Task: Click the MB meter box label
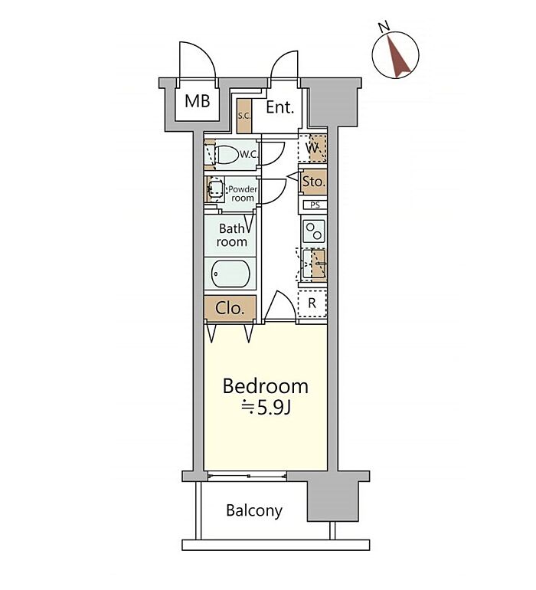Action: (197, 101)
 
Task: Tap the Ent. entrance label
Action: (279, 107)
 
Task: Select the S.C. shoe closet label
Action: (244, 116)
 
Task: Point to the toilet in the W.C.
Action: (227, 154)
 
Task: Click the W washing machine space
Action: (312, 148)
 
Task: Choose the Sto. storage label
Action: (314, 182)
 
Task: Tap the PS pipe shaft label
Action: (315, 205)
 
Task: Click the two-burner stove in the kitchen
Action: (314, 231)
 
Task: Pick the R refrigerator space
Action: (312, 303)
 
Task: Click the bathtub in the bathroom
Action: (230, 274)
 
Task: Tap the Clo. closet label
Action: (230, 309)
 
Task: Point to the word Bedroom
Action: (265, 386)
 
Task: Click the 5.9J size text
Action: (273, 408)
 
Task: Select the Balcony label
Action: (254, 510)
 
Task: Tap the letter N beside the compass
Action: (384, 27)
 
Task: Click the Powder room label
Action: (243, 193)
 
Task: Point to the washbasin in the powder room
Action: (215, 188)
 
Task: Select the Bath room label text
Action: (232, 235)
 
